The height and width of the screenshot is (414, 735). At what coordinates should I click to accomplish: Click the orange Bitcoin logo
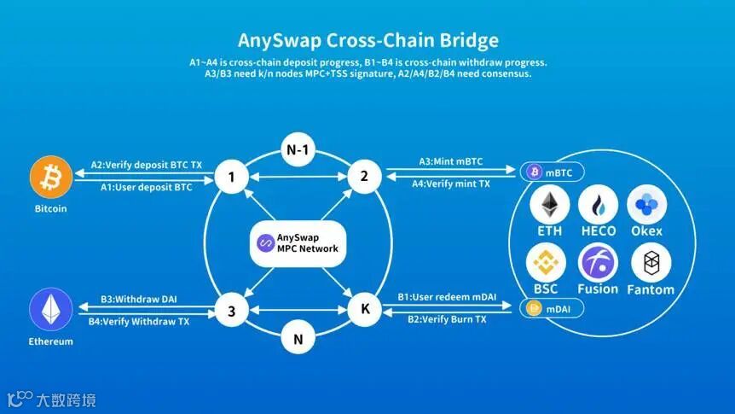[x=50, y=177]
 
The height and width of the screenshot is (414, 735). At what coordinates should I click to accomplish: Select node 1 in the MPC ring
[x=229, y=178]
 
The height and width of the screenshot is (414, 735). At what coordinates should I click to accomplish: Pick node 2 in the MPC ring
[x=364, y=177]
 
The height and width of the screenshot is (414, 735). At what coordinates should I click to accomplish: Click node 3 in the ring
[x=230, y=311]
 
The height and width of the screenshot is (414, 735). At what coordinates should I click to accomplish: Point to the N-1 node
[x=297, y=151]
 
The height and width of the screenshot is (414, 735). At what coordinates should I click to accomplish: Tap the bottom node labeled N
[x=297, y=337]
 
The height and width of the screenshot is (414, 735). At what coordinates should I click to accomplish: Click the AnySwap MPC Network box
[x=298, y=242]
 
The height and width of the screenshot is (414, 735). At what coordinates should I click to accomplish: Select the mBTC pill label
[x=553, y=172]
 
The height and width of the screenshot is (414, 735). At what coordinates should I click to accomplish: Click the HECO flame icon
[x=598, y=206]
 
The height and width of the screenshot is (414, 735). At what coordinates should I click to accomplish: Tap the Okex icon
[x=646, y=206]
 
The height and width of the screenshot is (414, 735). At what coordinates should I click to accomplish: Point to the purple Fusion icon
[x=598, y=262]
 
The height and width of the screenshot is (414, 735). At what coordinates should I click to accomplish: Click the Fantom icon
[x=651, y=263]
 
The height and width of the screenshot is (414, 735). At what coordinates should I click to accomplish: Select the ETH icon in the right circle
[x=549, y=206]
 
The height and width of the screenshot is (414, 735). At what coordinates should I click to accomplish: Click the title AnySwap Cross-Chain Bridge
[x=367, y=40]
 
